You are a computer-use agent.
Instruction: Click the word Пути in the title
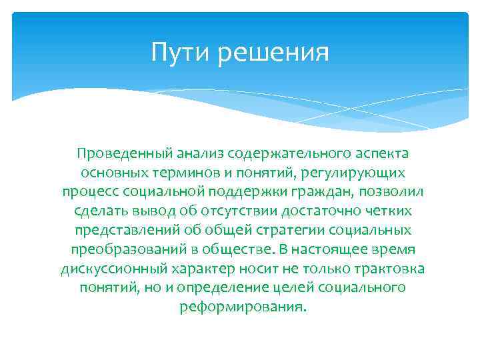175,52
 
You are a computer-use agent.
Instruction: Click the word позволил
395,192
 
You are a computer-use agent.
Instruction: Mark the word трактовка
390,269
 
